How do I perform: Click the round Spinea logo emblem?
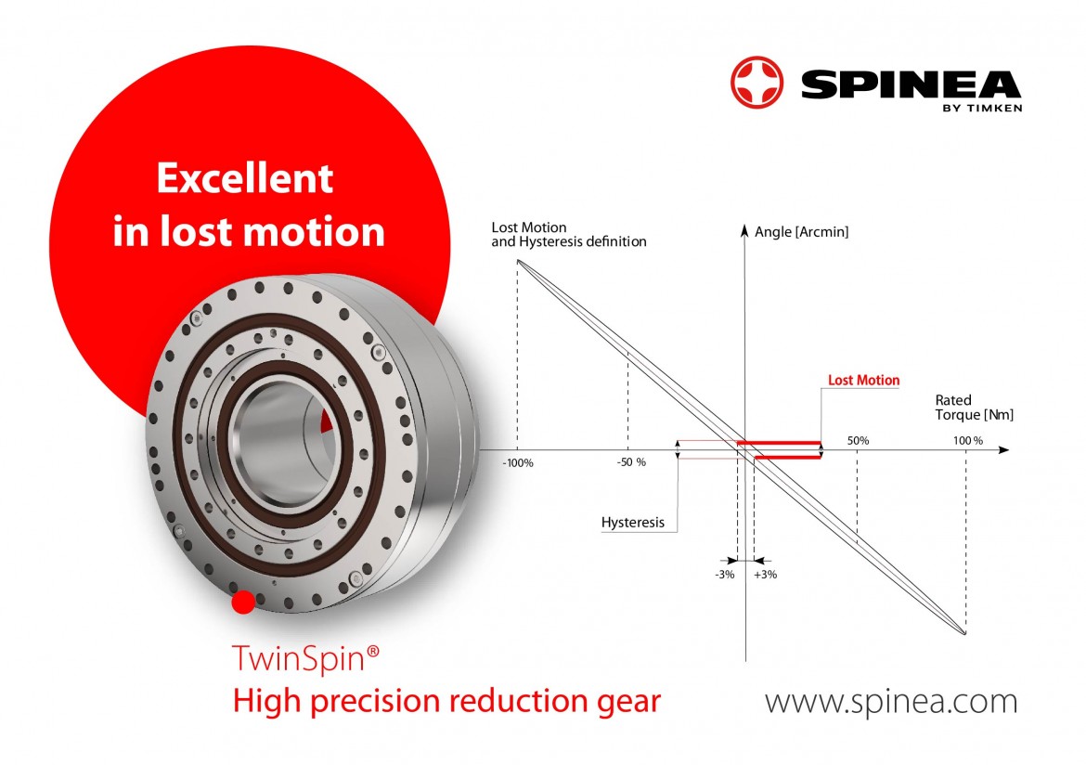[x=757, y=83]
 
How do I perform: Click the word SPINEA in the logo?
[x=911, y=84]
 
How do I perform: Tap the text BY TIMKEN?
[x=982, y=108]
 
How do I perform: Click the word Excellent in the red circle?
[x=244, y=178]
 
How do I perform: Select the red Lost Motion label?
[x=863, y=380]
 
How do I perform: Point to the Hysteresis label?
[x=632, y=523]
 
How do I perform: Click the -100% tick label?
[x=518, y=463]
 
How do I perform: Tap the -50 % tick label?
[x=631, y=462]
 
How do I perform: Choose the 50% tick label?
[x=859, y=441]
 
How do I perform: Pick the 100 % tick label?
[x=967, y=441]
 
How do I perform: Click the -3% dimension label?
[x=724, y=575]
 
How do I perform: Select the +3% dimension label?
[x=766, y=575]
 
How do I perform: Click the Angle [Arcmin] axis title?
[x=801, y=232]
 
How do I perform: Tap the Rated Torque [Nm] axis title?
[x=974, y=408]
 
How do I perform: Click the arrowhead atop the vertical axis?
[x=744, y=230]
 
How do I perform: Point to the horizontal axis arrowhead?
[x=1003, y=449]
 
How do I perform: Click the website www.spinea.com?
[x=891, y=701]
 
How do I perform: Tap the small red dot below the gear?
[x=243, y=603]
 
